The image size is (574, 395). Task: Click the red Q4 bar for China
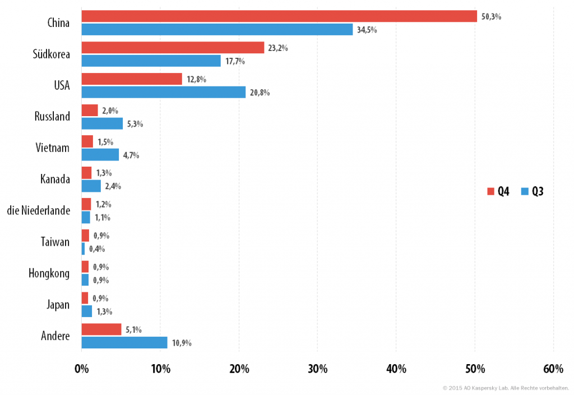(279, 16)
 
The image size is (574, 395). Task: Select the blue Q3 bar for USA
(164, 92)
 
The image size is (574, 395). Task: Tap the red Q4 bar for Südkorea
(173, 48)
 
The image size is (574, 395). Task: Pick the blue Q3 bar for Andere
(124, 343)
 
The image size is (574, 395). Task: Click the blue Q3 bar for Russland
(102, 123)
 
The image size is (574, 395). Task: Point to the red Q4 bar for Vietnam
(87, 141)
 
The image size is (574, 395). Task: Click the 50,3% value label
(491, 16)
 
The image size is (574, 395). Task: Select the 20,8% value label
(260, 93)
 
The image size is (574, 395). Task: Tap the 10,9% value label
(182, 343)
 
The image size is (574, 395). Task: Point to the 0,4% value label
(97, 249)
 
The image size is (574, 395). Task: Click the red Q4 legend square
(490, 191)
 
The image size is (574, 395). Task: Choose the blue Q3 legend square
(525, 191)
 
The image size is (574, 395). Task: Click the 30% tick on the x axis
(317, 369)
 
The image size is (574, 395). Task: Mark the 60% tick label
(553, 369)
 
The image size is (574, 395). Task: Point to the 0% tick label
(82, 369)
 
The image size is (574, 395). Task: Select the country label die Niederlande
(39, 210)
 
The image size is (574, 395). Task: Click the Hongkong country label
(49, 273)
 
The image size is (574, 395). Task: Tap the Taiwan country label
(55, 242)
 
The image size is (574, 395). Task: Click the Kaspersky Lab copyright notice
(506, 388)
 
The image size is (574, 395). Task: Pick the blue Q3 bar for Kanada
(91, 186)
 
